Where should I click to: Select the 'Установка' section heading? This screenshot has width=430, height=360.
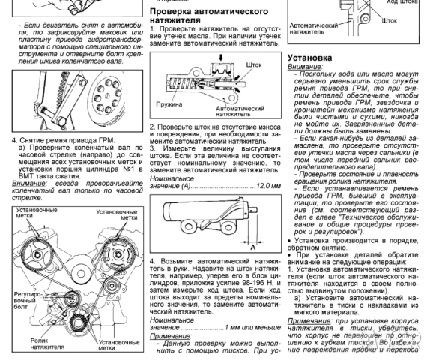(314, 57)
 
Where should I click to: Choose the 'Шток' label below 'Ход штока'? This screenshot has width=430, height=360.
(390, 20)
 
